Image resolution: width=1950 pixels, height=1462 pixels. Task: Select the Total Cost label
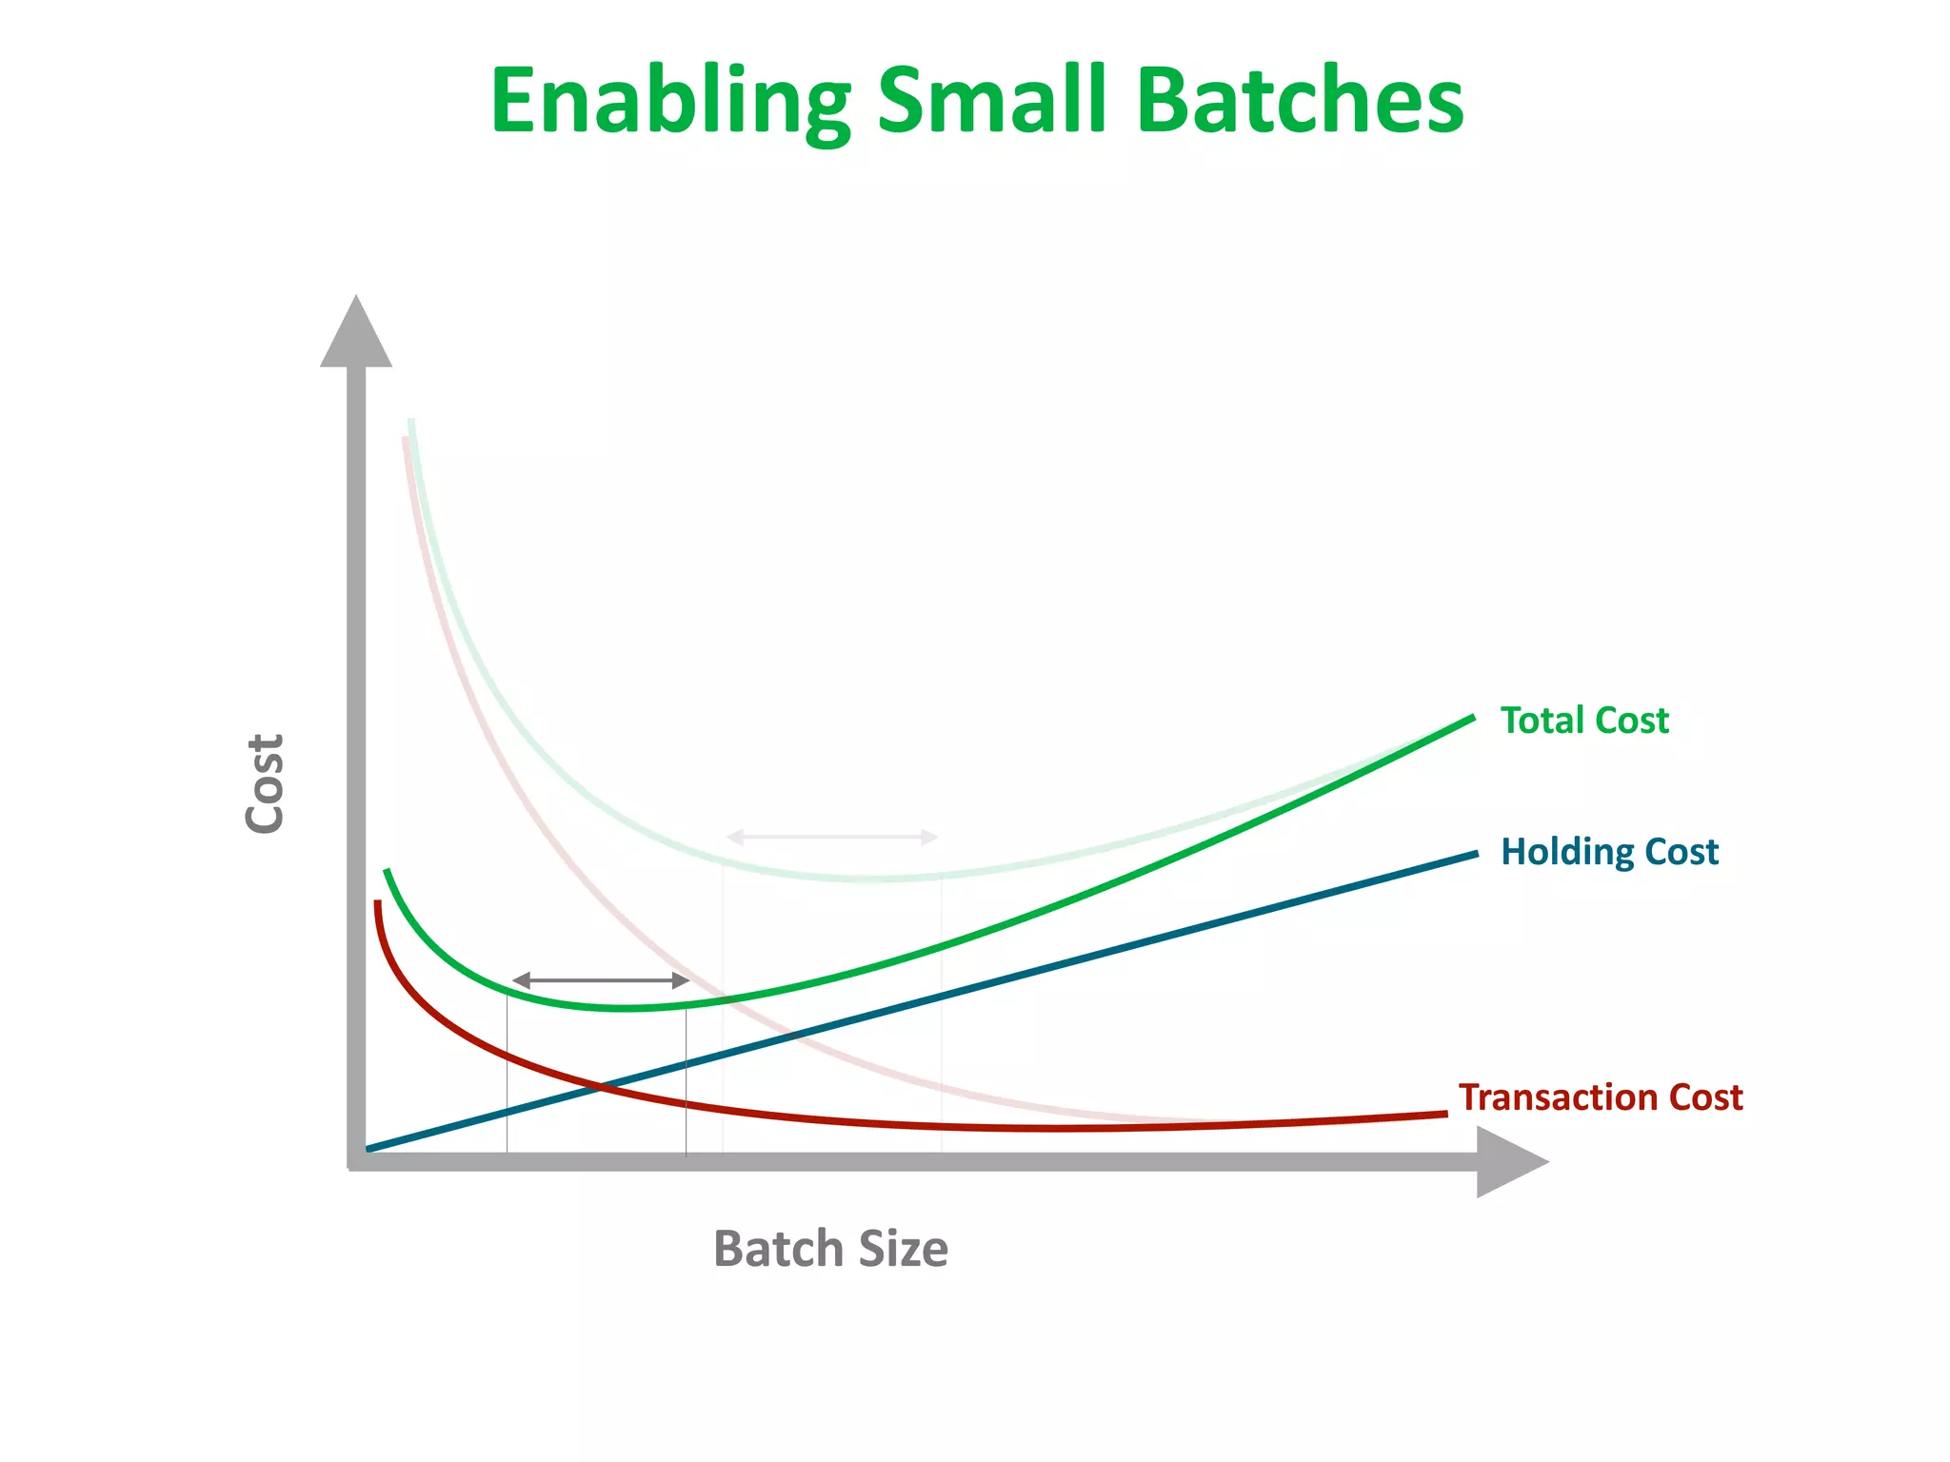click(x=1584, y=721)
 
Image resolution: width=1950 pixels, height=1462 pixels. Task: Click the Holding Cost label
click(x=1609, y=851)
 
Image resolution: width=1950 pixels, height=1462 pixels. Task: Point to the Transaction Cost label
click(x=1601, y=1097)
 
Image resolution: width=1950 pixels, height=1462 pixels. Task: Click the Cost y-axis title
click(x=265, y=783)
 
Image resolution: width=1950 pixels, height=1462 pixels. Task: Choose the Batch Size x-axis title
click(x=830, y=1249)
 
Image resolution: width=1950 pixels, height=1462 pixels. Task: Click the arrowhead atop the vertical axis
click(x=356, y=333)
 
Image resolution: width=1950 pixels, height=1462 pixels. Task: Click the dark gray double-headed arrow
click(x=601, y=980)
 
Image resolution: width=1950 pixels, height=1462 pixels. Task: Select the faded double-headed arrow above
click(x=832, y=837)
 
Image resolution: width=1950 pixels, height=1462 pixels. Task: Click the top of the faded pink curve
click(x=406, y=441)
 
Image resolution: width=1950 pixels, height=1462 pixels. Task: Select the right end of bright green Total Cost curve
click(x=1471, y=718)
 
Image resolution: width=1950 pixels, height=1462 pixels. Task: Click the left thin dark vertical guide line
click(x=507, y=1076)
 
